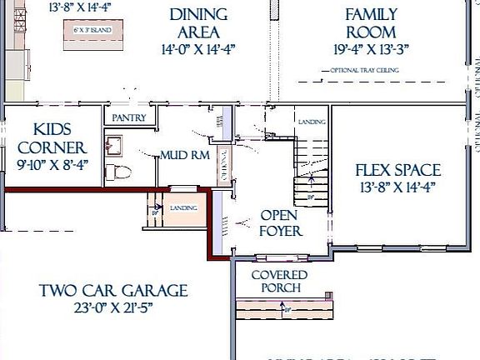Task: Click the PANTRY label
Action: pos(128,118)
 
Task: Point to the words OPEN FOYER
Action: pos(281,222)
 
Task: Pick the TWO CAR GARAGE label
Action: pos(113,291)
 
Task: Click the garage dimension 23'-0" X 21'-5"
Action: pos(113,307)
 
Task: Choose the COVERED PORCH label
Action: pos(280,282)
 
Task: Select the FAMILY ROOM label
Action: pos(372,23)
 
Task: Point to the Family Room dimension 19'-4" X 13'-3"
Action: pos(372,48)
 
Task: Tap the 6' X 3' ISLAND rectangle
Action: pos(89,31)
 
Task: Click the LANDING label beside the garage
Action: pos(183,207)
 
